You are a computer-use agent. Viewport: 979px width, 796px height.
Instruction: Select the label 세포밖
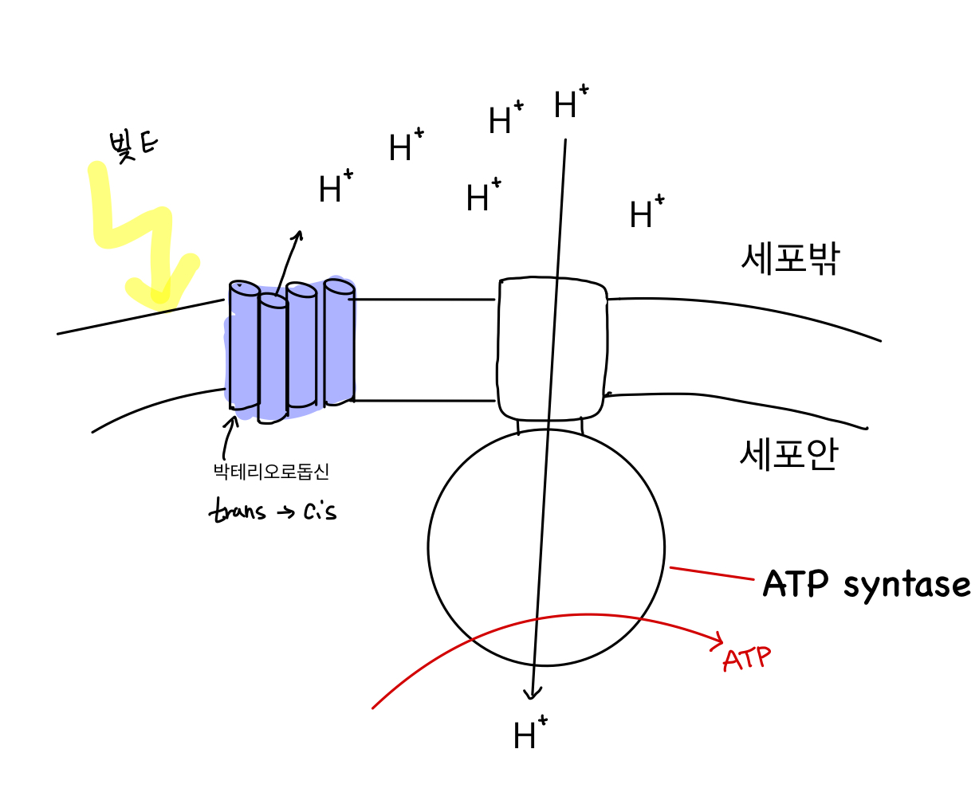pos(790,258)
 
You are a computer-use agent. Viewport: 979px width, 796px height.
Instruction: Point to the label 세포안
pos(788,455)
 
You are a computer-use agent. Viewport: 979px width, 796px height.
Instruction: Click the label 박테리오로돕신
pos(271,472)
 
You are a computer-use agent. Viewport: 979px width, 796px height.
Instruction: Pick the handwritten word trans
pos(237,510)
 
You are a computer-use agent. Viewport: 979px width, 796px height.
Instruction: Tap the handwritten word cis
pos(320,510)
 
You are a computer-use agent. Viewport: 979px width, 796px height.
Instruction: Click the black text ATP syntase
pos(866,584)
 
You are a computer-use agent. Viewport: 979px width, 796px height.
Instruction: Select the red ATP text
pos(747,659)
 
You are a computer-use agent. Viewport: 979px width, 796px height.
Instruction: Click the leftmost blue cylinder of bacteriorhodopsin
pos(243,347)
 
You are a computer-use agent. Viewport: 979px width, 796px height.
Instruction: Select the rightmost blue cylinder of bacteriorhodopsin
pos(339,343)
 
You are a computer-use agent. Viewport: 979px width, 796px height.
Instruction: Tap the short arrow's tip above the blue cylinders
pos(299,233)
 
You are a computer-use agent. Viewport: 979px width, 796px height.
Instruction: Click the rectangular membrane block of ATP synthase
pos(552,347)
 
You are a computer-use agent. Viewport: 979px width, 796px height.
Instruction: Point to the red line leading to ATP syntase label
pos(711,573)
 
